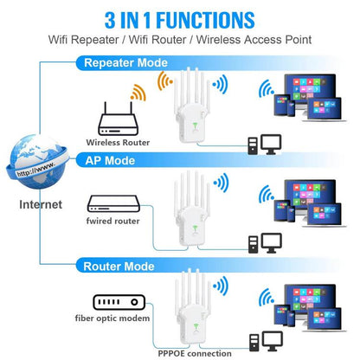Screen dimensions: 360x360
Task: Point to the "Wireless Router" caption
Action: tap(118, 142)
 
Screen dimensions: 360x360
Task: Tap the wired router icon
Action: tap(113, 205)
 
